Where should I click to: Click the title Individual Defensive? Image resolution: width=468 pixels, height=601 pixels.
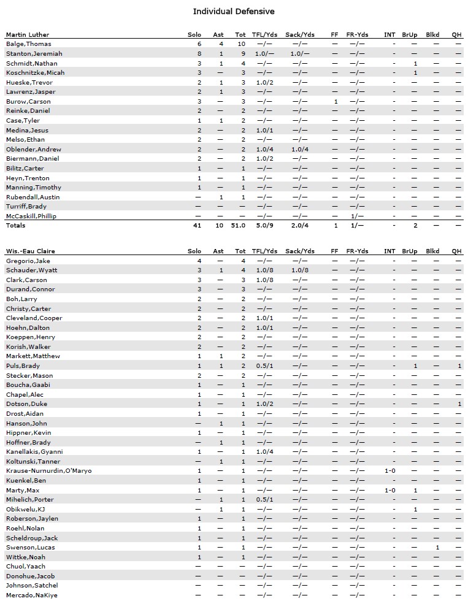click(x=234, y=12)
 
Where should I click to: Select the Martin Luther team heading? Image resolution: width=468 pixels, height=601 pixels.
click(x=28, y=34)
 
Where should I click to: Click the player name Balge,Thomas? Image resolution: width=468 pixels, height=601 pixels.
click(x=29, y=44)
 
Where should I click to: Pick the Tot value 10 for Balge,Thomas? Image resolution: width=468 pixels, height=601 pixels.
click(x=241, y=44)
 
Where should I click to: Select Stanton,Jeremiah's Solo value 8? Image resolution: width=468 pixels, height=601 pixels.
click(x=199, y=54)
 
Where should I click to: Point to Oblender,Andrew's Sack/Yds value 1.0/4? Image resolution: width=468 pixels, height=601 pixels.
click(x=300, y=149)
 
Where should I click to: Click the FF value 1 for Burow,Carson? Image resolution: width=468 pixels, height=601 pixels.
click(x=336, y=101)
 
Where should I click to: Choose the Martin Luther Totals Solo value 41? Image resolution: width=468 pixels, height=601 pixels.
click(x=197, y=226)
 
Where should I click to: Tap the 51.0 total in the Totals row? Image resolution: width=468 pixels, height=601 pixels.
click(x=239, y=226)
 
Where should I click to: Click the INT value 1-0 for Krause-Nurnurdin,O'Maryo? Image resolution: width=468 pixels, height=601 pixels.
click(x=390, y=470)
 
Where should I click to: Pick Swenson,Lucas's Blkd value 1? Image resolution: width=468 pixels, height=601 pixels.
click(x=437, y=547)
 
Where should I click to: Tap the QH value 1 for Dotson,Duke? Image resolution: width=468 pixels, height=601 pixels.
click(x=459, y=404)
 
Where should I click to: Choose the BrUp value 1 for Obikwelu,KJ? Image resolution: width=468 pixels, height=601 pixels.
click(x=415, y=509)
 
